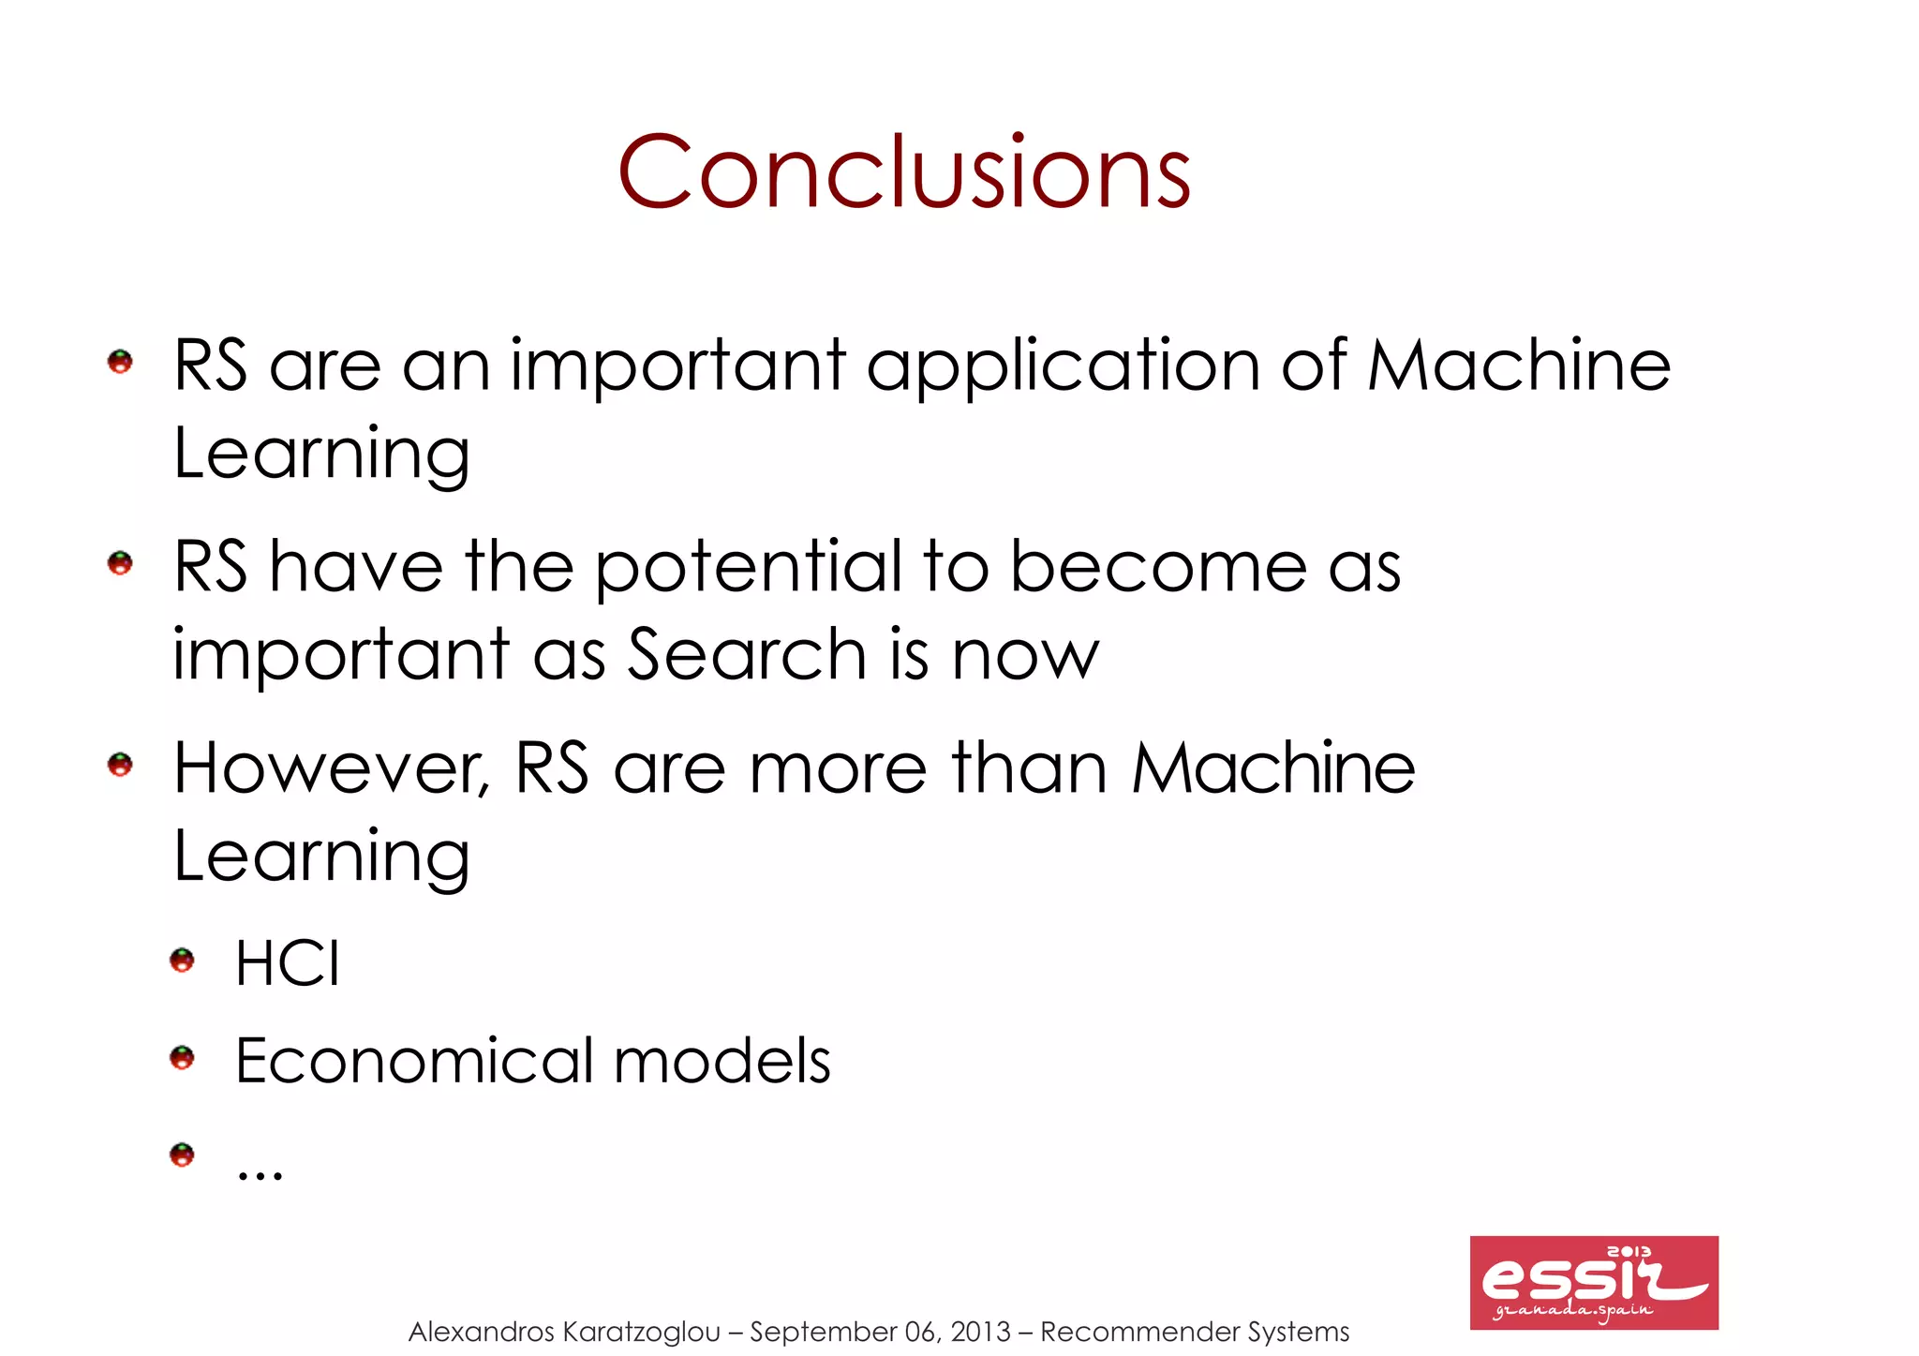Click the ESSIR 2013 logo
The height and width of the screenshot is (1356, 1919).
[1593, 1282]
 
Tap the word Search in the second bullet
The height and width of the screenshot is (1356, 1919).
[747, 654]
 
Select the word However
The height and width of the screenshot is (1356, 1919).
[332, 768]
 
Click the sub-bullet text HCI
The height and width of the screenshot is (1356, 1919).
[288, 962]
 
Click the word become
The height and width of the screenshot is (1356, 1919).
[1158, 567]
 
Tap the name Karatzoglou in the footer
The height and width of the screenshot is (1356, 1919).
[643, 1332]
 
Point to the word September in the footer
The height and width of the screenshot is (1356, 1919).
[823, 1332]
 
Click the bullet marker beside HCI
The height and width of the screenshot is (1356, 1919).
[182, 961]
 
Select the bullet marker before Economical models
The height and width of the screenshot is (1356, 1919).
[182, 1058]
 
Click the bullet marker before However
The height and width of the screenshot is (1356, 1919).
[120, 765]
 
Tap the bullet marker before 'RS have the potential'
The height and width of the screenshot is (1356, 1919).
[120, 563]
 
